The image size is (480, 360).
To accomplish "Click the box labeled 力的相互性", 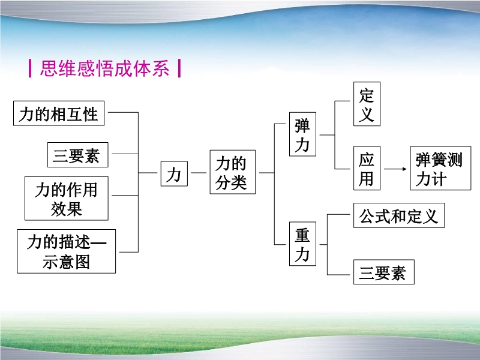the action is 59,113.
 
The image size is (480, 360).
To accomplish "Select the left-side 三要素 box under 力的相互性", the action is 78,155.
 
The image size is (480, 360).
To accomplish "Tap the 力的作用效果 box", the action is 67,199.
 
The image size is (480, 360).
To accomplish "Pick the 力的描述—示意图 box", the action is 67,251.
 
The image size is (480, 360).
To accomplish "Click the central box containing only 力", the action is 174,174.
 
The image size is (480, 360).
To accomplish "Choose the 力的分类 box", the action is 233,172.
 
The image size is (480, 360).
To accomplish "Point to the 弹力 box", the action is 303,134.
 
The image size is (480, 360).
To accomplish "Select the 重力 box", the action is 303,244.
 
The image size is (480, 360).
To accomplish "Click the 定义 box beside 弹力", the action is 367,104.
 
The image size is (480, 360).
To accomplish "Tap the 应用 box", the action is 367,169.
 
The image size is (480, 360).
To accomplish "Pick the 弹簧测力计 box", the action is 440,169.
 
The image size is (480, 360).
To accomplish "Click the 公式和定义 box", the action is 399,215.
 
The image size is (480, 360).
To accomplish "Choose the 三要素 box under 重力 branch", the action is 384,272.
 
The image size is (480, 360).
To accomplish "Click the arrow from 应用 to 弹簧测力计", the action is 395,169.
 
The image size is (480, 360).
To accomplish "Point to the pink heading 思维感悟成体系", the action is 104,68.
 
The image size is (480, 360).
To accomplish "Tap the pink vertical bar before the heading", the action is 30,68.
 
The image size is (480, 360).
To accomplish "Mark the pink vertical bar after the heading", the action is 179,68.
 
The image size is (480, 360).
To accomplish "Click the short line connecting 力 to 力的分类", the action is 199,173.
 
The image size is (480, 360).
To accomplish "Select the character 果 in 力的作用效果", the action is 74,209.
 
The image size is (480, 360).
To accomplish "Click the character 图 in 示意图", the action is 82,262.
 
